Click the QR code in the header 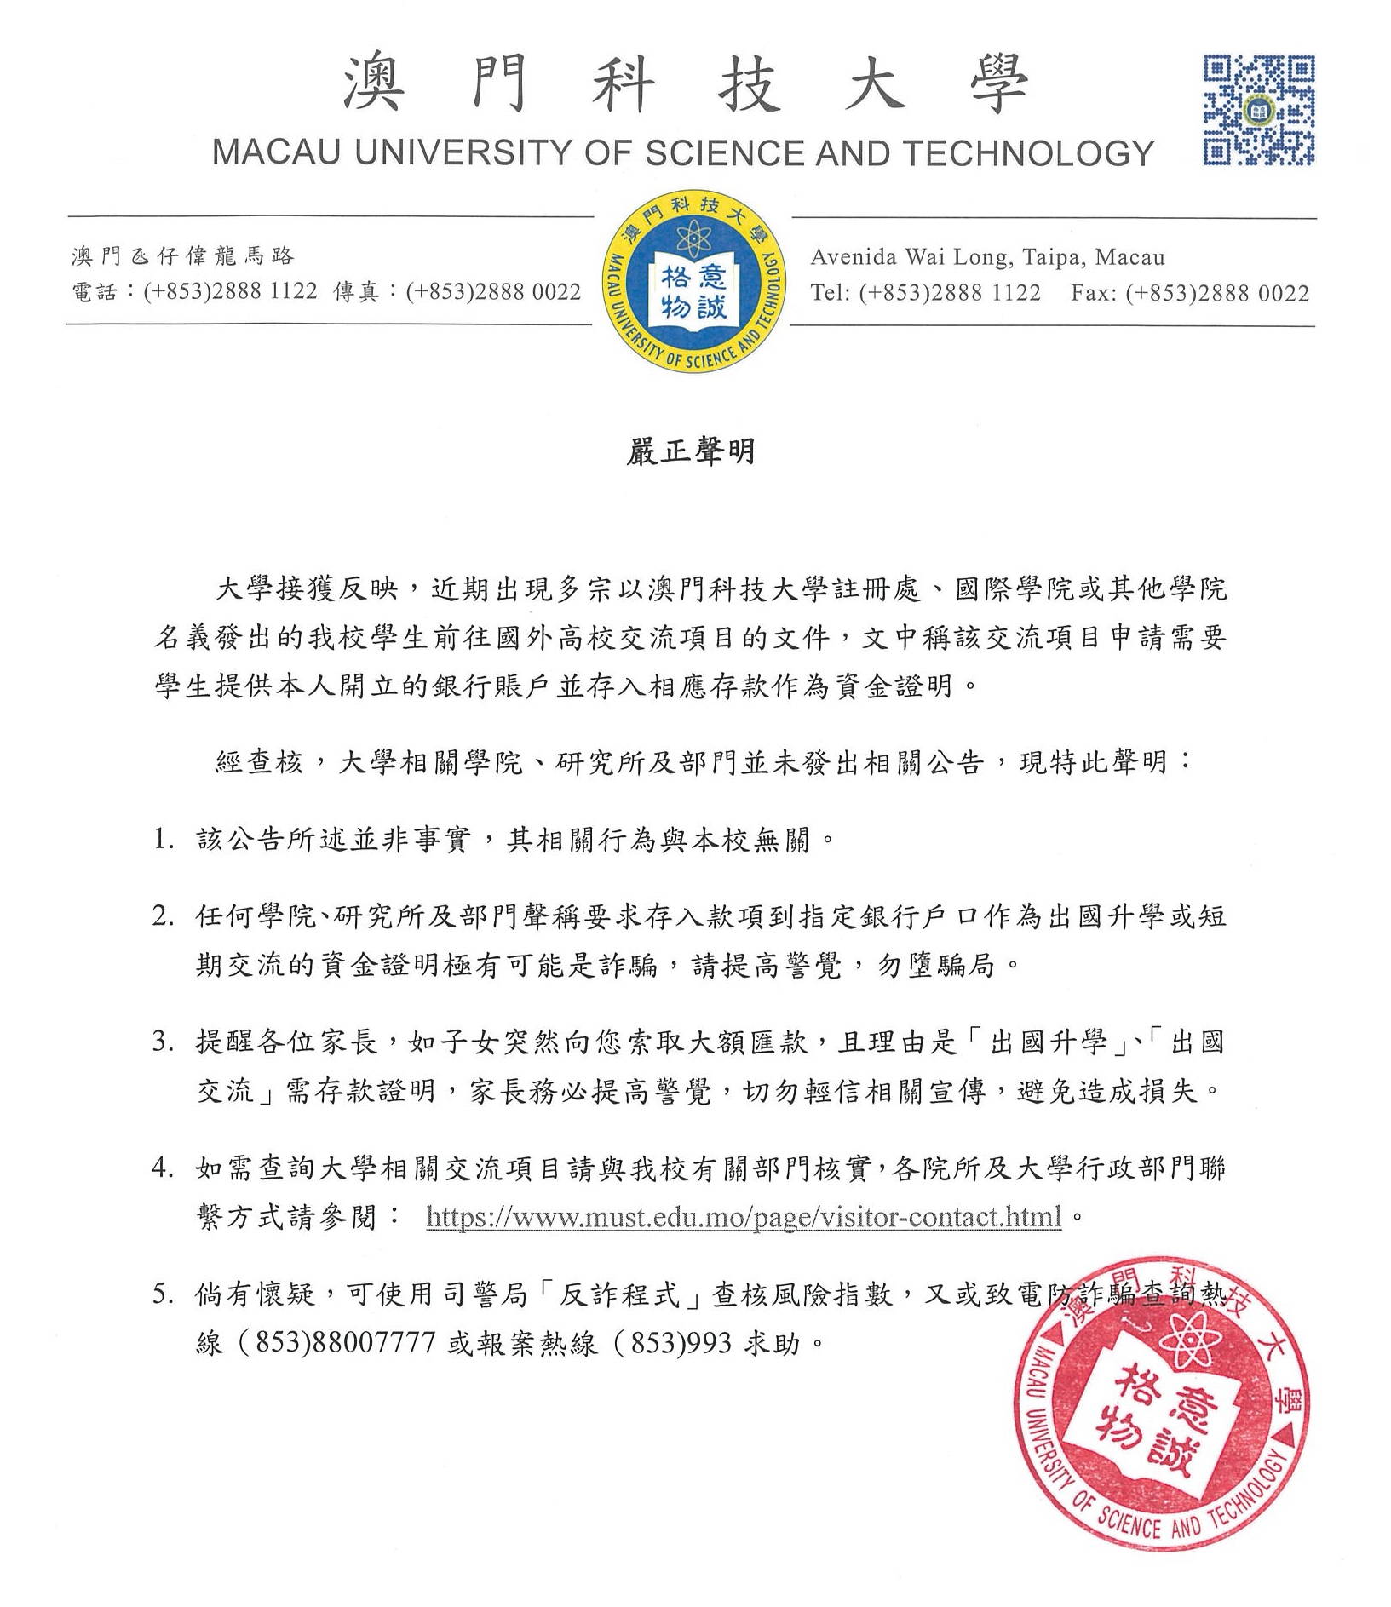[x=1258, y=109]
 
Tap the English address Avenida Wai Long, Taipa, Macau [x=987, y=256]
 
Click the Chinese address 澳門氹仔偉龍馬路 [x=183, y=255]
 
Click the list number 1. [x=163, y=840]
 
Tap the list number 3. [x=163, y=1042]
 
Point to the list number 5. [x=163, y=1295]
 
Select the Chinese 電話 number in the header [x=230, y=292]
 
